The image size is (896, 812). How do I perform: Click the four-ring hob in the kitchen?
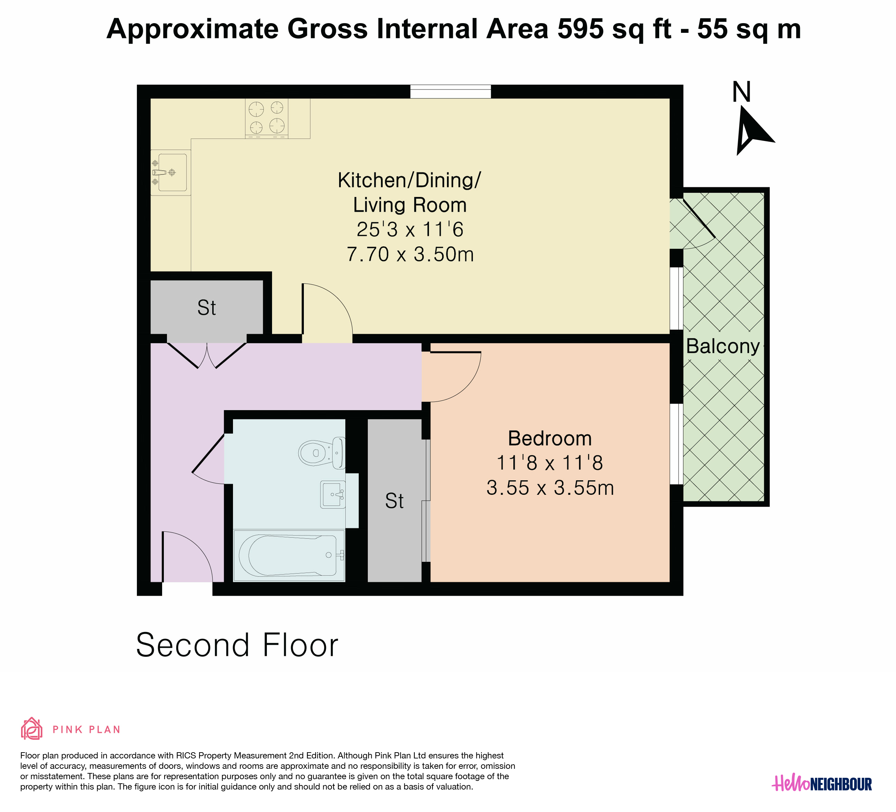pyautogui.click(x=267, y=118)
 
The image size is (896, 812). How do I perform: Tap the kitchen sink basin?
pyautogui.click(x=172, y=172)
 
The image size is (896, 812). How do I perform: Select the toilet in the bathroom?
pyautogui.click(x=321, y=453)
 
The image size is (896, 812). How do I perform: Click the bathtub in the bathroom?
pyautogui.click(x=289, y=555)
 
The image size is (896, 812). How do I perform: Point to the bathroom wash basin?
pyautogui.click(x=333, y=494)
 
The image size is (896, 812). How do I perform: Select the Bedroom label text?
pyautogui.click(x=550, y=438)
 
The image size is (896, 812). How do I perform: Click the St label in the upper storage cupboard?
pyautogui.click(x=207, y=308)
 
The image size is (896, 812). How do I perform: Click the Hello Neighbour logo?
pyautogui.click(x=822, y=784)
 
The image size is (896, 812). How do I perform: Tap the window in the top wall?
pyautogui.click(x=450, y=92)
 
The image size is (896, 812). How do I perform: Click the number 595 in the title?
pyautogui.click(x=580, y=29)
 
